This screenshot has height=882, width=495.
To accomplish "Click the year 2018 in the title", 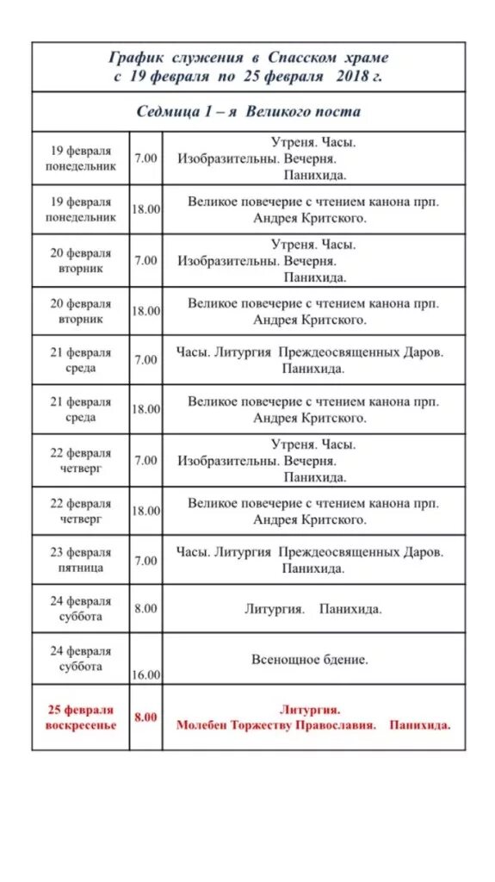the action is tap(352, 76).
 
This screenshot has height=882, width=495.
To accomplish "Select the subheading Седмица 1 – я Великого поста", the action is tap(249, 112).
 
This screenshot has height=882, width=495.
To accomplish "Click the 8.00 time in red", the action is tap(145, 717).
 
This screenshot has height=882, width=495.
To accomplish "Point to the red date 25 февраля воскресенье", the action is tap(81, 717).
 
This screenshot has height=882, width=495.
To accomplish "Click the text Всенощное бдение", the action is tap(310, 660).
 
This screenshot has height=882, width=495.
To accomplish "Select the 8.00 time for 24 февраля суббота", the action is tap(145, 608).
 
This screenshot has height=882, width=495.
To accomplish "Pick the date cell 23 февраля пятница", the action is tap(80, 560).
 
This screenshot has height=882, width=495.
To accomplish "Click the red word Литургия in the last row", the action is tap(310, 710).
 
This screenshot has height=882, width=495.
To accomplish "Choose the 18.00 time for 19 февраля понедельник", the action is tap(145, 209).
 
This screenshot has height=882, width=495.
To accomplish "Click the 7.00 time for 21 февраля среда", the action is tap(145, 360).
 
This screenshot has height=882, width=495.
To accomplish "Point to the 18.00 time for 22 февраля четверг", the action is tap(145, 511).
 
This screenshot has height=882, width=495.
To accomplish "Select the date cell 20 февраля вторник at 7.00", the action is tap(80, 260).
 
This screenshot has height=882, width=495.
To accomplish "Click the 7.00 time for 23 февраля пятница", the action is tap(145, 561).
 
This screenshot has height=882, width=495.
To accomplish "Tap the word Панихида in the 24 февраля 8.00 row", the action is tap(350, 609).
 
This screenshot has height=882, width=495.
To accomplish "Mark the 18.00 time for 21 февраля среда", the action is tap(145, 410).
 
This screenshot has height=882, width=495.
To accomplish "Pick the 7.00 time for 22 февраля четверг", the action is tap(145, 460).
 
